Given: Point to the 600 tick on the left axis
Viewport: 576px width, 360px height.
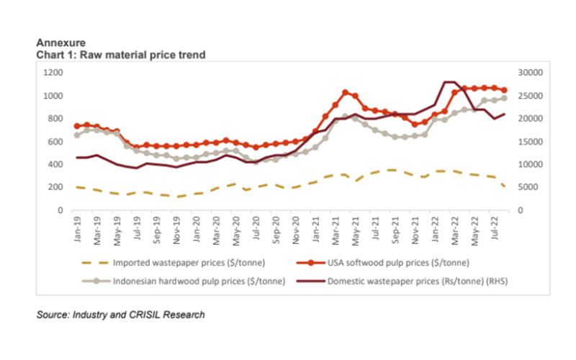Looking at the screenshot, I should [x=57, y=142].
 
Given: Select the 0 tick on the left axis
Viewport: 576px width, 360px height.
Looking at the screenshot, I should [x=62, y=210].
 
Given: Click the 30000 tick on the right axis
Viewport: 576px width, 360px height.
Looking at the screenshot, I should [x=528, y=73].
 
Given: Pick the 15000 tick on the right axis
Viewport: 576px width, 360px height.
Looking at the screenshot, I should [x=528, y=142].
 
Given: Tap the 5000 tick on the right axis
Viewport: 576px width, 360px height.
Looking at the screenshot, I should [x=526, y=187].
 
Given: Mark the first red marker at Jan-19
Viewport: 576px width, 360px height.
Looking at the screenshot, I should [x=78, y=127].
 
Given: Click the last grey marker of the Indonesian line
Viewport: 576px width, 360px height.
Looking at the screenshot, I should [x=504, y=98].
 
